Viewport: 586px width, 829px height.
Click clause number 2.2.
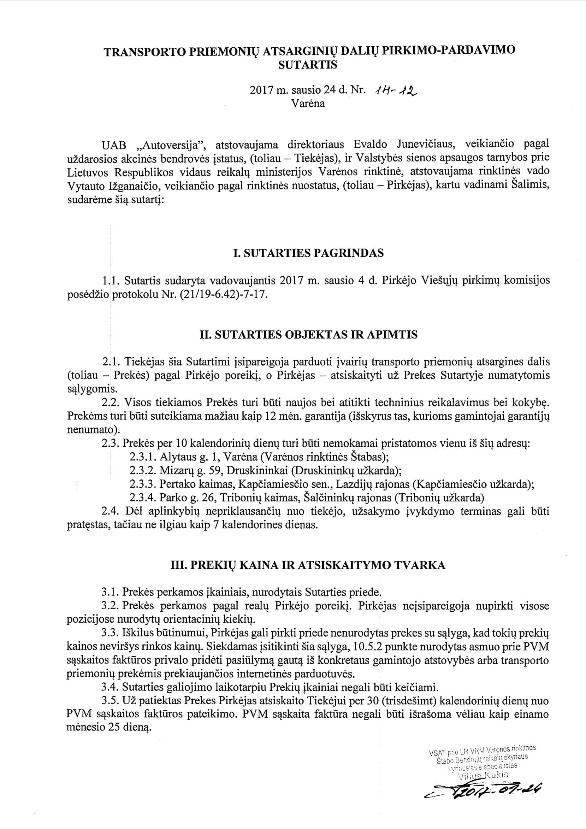click(108, 402)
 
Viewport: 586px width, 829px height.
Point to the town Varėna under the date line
click(308, 104)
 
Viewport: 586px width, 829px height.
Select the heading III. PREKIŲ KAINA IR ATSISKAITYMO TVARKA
click(308, 565)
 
